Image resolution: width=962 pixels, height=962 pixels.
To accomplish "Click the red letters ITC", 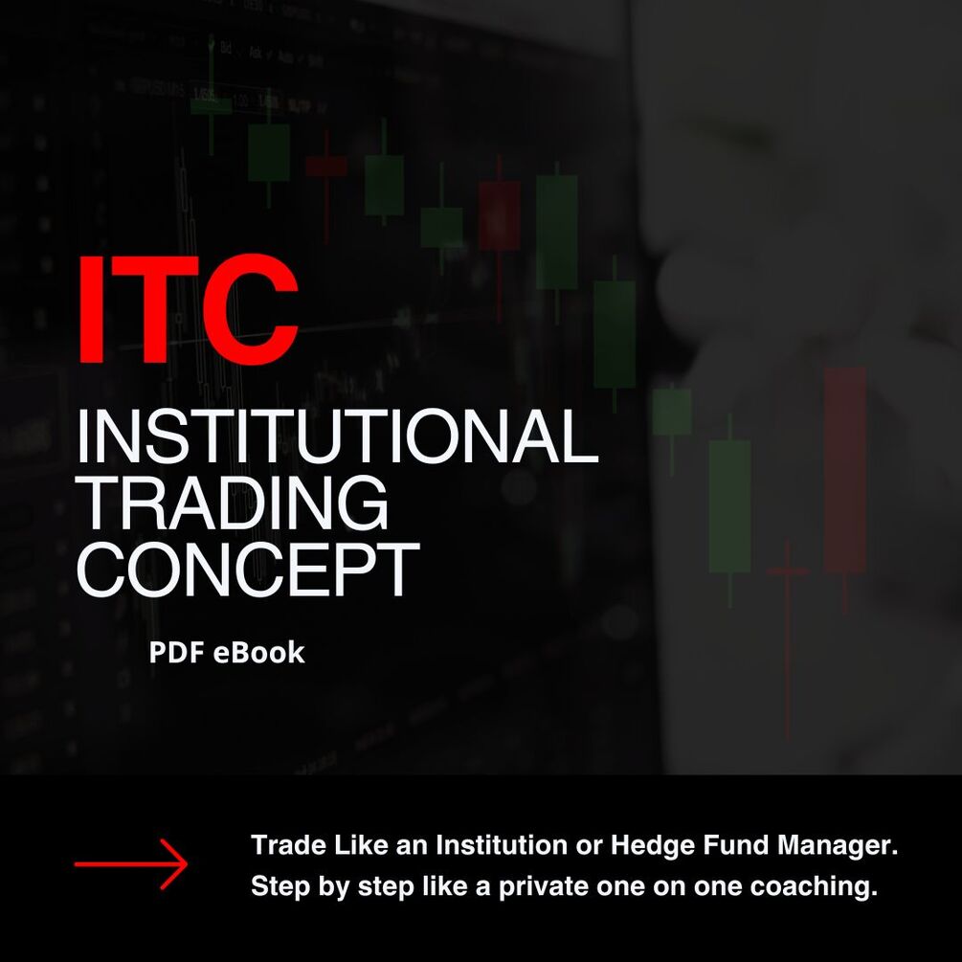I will pyautogui.click(x=188, y=308).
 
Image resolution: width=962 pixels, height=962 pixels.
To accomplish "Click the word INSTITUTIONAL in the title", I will pyautogui.click(x=337, y=436).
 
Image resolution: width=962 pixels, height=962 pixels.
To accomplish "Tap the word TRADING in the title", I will pyautogui.click(x=232, y=503).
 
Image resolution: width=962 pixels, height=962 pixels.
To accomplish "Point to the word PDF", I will pyautogui.click(x=171, y=653).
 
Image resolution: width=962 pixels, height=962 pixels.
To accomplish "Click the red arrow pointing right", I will pyautogui.click(x=131, y=864).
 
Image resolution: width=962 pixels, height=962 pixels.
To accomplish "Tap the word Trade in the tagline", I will pyautogui.click(x=285, y=846).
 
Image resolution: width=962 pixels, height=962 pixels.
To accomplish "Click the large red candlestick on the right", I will pyautogui.click(x=844, y=469).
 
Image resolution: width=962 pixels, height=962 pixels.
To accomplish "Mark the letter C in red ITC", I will pyautogui.click(x=251, y=308).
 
